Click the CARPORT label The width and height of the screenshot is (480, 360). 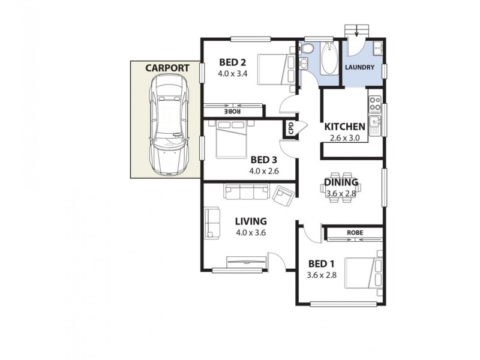click(167, 68)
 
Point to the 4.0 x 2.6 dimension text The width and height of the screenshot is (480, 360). click(265, 171)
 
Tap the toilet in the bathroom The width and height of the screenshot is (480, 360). click(308, 48)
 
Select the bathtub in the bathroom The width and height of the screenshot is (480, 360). click(329, 60)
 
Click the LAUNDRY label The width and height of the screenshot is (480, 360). click(360, 67)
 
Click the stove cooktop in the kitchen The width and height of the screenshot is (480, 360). click(376, 104)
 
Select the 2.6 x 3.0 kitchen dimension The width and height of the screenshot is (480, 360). click(344, 138)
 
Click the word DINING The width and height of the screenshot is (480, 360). click(341, 182)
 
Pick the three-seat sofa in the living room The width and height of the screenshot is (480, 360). click(247, 191)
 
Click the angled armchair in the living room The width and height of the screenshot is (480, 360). click(283, 194)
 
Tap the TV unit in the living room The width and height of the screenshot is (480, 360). click(245, 262)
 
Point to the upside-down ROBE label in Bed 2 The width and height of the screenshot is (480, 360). click(233, 110)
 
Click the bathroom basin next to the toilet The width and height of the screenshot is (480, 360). click(304, 64)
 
